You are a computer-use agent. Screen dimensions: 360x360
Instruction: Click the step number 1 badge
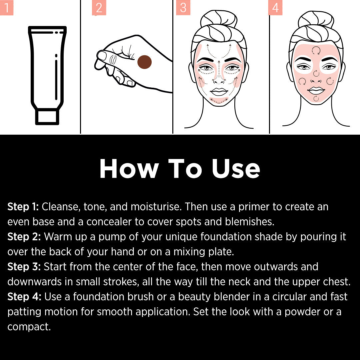6,7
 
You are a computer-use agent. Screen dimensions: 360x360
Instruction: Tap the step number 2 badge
99,8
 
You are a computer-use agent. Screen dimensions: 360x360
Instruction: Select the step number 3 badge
183,8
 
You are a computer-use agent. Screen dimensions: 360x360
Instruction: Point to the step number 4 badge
275,8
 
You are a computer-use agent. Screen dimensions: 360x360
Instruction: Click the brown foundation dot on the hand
145,62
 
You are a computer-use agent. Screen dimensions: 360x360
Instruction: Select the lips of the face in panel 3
219,92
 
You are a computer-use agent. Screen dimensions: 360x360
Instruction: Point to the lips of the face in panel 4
316,91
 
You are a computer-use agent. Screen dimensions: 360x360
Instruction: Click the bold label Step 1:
23,207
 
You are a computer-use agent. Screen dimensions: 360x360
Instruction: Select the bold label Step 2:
24,237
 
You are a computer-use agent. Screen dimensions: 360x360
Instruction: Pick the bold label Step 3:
24,267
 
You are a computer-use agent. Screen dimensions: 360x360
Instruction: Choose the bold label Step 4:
24,297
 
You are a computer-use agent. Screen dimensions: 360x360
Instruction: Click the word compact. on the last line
29,327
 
